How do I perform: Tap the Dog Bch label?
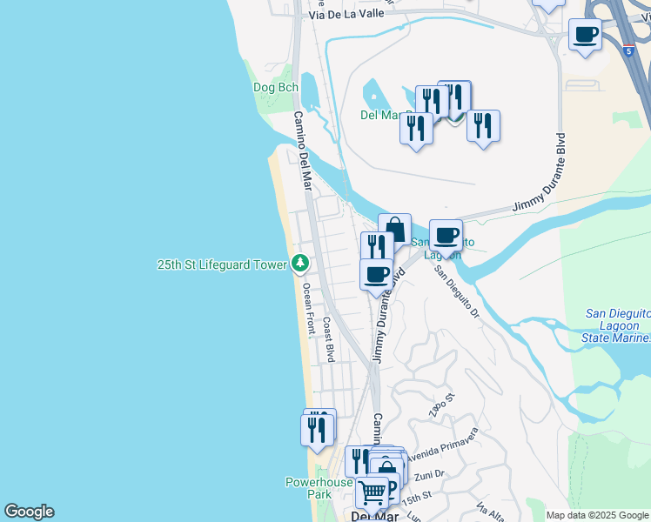(275, 88)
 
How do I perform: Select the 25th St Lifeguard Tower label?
(222, 264)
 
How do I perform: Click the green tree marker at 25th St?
(299, 262)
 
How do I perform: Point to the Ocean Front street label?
(309, 310)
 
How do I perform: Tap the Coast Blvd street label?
(329, 338)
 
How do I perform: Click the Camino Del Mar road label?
(302, 151)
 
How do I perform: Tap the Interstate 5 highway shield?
(628, 51)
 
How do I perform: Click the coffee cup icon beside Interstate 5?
(585, 35)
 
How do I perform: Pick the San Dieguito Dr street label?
(457, 292)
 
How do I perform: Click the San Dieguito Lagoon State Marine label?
(617, 325)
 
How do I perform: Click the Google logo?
(29, 512)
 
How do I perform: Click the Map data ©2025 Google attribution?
(597, 515)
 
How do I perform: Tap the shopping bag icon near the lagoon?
(394, 231)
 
